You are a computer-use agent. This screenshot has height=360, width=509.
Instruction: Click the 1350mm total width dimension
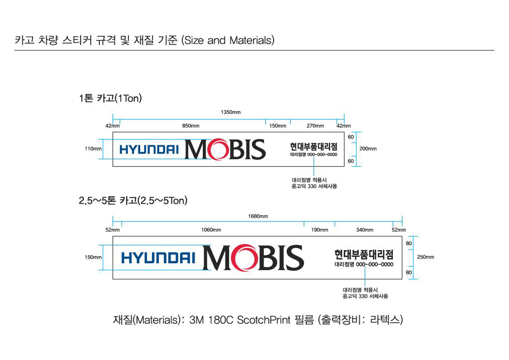point(230,113)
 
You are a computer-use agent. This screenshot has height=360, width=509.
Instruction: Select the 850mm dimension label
point(191,126)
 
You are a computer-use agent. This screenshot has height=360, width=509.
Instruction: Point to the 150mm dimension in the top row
point(278,126)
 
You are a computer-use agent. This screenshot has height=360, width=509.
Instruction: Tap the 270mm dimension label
point(315,126)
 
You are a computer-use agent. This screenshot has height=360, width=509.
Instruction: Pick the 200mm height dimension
point(368,148)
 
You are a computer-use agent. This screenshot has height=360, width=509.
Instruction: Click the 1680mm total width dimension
point(258,217)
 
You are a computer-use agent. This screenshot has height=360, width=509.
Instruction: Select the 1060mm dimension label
point(211,230)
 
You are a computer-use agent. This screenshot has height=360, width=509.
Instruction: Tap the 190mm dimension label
point(319,230)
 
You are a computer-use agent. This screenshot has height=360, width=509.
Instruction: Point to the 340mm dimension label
point(364,230)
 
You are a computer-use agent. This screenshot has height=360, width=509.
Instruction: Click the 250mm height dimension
point(426,257)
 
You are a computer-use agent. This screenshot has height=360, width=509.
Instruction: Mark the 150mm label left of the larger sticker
point(93,257)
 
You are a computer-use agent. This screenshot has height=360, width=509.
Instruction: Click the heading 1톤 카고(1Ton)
point(110,98)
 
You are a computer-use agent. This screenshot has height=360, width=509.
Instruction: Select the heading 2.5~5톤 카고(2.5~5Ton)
point(133,200)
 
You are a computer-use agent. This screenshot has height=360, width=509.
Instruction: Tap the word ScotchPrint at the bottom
point(264,320)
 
